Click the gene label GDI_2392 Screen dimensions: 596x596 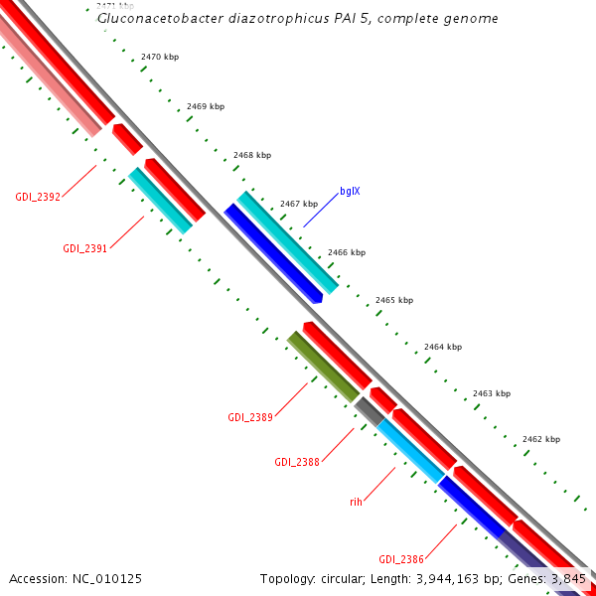click(38, 197)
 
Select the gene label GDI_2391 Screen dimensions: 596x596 click(85, 248)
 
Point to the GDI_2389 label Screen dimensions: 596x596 click(250, 416)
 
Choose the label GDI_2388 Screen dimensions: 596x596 click(297, 462)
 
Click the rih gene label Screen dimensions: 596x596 click(356, 502)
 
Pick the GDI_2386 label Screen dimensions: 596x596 click(401, 559)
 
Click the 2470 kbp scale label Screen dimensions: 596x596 click(160, 59)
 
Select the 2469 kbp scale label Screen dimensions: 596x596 click(206, 106)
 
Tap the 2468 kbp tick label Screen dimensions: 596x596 click(252, 155)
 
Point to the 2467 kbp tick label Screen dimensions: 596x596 click(298, 204)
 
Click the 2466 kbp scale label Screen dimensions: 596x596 click(346, 252)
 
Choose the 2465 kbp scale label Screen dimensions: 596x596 click(393, 300)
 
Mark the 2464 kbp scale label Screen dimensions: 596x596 click(443, 347)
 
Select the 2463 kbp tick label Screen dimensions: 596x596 click(491, 393)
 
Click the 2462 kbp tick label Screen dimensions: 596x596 click(540, 439)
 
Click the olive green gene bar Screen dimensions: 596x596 click(323, 367)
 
